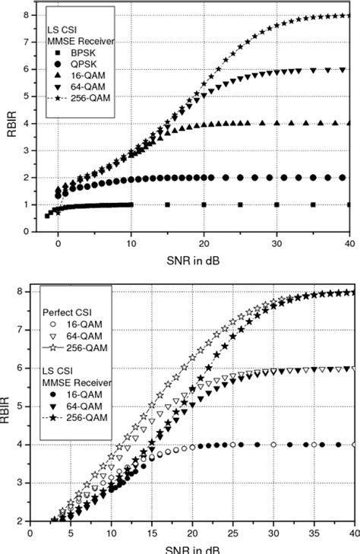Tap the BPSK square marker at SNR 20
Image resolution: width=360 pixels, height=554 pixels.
click(x=204, y=204)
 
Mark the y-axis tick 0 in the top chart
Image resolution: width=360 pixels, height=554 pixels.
click(x=27, y=232)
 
